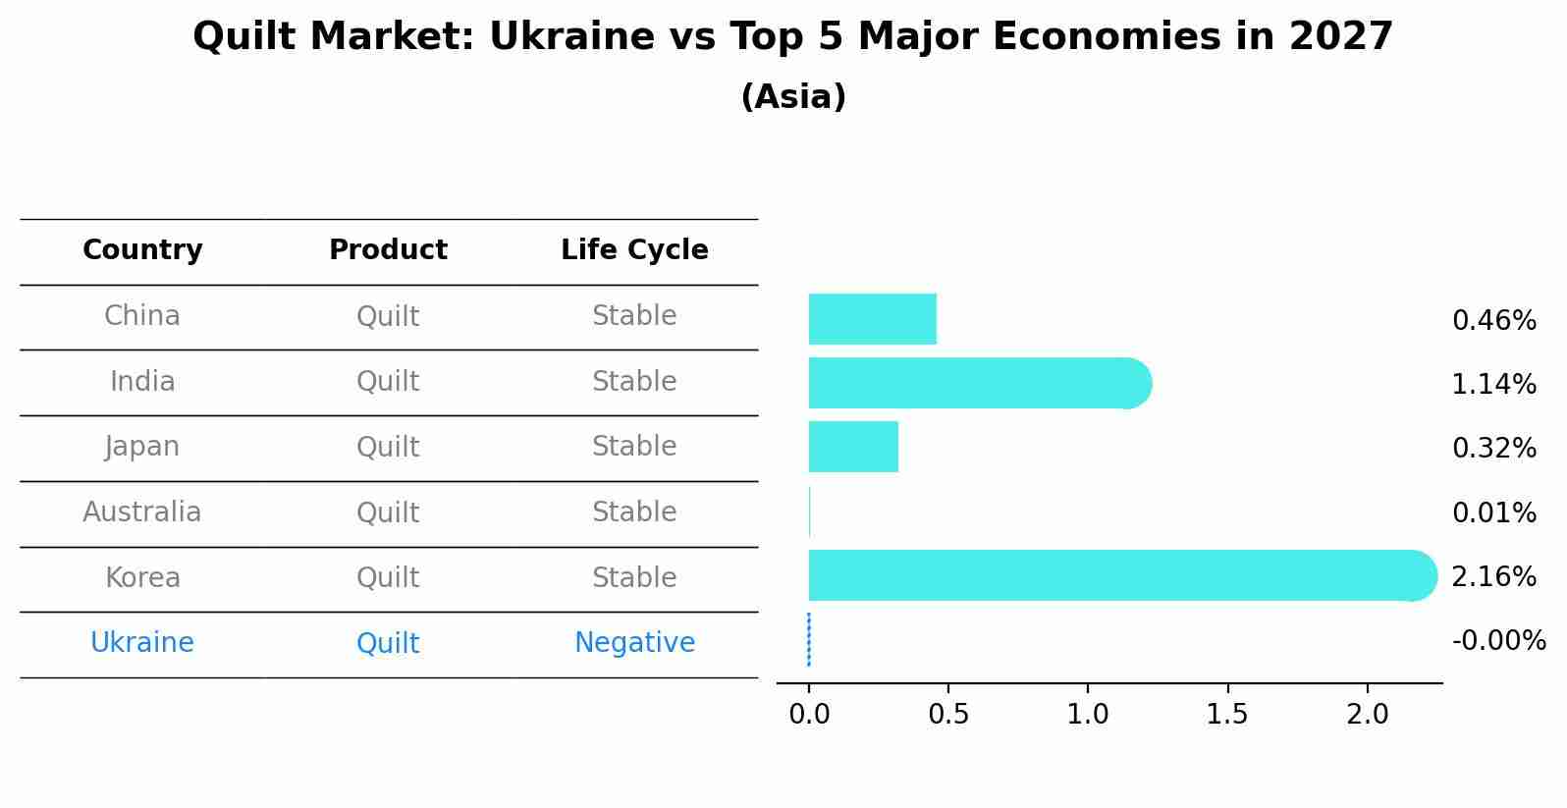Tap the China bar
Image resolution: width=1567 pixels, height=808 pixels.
[872, 319]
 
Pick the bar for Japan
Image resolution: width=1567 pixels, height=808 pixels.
[853, 447]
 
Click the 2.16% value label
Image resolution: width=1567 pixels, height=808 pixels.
[1493, 577]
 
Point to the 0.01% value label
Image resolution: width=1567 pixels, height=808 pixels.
[1493, 513]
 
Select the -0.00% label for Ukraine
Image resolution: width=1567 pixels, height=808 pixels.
[1498, 641]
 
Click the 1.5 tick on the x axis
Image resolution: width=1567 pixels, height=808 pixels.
[1227, 715]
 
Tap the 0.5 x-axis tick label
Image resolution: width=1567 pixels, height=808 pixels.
[947, 715]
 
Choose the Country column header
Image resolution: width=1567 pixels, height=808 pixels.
[142, 250]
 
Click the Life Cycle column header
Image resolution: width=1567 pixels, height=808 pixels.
[634, 250]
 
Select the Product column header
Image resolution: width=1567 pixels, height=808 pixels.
[388, 250]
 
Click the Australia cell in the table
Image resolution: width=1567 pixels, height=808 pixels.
[142, 512]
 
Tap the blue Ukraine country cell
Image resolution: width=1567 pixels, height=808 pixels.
[142, 643]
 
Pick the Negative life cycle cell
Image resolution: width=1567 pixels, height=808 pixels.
[634, 643]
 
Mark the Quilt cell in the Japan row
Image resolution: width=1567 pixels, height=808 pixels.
[388, 448]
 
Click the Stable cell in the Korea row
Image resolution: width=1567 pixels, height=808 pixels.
[634, 578]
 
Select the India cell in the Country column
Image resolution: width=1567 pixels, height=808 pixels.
[142, 382]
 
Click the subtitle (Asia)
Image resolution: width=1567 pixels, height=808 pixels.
[793, 97]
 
